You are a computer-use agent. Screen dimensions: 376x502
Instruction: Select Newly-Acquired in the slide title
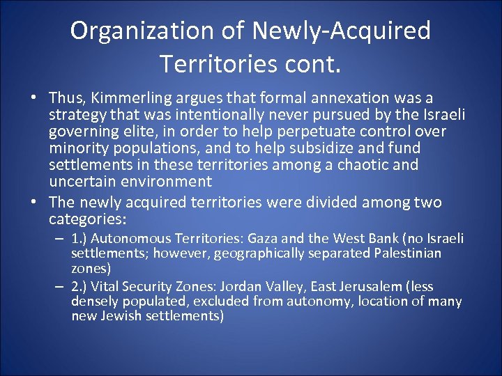[x=342, y=31]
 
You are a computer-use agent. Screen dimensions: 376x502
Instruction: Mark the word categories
[x=86, y=219]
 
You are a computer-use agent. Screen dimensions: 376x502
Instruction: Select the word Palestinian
[x=406, y=253]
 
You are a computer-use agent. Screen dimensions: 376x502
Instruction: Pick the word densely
[x=93, y=301]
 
